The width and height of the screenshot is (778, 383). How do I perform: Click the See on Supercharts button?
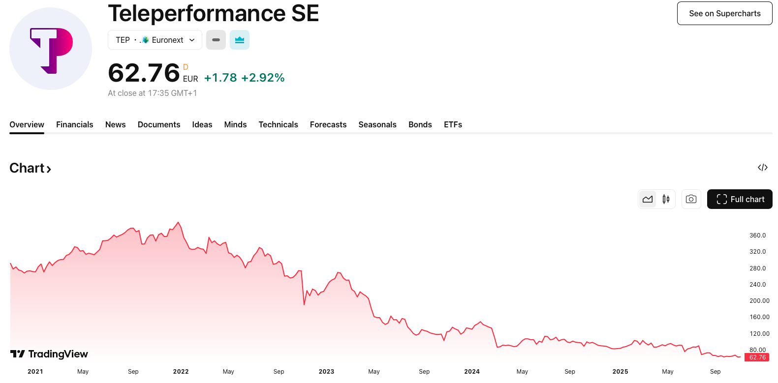724,13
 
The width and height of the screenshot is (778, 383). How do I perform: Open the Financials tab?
74,124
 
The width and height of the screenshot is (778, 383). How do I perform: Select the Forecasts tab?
328,124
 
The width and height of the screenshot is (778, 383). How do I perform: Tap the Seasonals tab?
377,124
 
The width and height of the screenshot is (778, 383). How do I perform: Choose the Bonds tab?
420,124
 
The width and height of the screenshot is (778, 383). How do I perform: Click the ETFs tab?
453,124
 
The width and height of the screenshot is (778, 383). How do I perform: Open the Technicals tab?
278,124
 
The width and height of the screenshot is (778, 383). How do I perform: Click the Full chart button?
740,199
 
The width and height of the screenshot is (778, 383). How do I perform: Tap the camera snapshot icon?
691,199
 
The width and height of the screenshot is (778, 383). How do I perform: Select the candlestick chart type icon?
666,199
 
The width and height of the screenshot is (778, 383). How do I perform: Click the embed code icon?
762,168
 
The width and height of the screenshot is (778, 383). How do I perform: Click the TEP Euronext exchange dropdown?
155,40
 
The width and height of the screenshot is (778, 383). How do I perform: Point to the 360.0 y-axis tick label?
757,236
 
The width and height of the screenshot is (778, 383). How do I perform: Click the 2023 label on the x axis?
326,372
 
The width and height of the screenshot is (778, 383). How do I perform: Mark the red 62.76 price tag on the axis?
757,357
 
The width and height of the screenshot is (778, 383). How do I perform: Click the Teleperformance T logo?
51,49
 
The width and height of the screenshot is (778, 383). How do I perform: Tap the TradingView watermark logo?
49,354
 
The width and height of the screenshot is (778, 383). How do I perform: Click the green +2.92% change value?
263,78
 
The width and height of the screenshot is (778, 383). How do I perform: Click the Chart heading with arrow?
30,168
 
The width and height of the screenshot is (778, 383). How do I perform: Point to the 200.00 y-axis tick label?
759,301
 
